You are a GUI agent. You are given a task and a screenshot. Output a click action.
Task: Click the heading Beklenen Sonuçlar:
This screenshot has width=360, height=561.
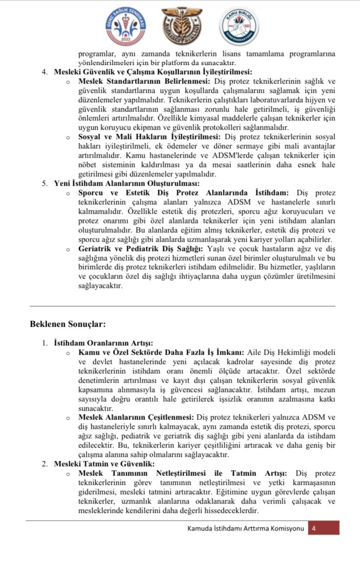point(67,324)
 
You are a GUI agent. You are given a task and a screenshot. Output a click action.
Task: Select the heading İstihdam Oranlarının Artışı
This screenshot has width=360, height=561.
point(103,343)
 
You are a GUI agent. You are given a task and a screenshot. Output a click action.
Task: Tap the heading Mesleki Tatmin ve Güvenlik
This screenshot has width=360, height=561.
point(104,463)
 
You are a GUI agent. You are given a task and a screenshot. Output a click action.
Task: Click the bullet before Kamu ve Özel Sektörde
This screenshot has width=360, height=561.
point(68,353)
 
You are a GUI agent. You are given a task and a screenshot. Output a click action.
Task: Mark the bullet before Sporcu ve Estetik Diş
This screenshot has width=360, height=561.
point(68,194)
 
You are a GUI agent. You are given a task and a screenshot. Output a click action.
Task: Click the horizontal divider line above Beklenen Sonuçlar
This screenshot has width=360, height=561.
point(182,306)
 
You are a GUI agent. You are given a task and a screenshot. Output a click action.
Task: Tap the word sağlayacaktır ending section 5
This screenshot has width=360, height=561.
point(100,286)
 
